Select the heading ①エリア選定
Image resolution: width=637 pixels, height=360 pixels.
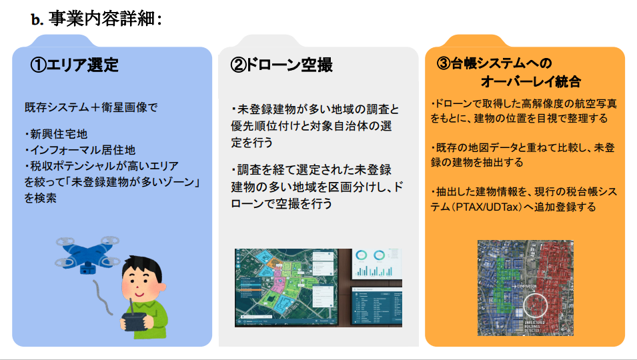[74, 65]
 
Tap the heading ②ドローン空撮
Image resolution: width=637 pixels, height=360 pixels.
[280, 65]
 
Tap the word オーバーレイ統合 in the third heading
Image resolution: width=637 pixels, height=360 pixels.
[530, 81]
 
